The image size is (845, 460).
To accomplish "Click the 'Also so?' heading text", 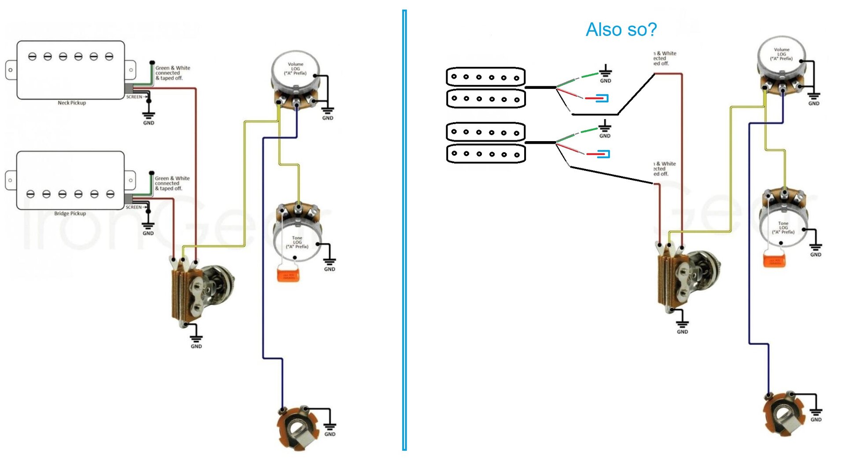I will (621, 29).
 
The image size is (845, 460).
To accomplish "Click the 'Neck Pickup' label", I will (72, 103).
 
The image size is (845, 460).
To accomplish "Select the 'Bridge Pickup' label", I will (70, 214).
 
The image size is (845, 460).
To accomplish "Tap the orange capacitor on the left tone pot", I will (288, 275).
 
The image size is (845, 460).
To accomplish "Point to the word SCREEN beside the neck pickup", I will (134, 97).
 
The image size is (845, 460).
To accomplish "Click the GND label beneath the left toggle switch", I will (196, 347).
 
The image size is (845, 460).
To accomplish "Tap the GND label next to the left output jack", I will (330, 434).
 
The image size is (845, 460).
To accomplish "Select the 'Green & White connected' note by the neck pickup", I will (172, 73).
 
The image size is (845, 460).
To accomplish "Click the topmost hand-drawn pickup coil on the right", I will (486, 77).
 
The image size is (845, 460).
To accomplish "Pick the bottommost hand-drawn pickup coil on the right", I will (486, 154).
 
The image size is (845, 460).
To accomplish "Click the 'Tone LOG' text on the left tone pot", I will (297, 242).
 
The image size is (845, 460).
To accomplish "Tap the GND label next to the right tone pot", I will (816, 255).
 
